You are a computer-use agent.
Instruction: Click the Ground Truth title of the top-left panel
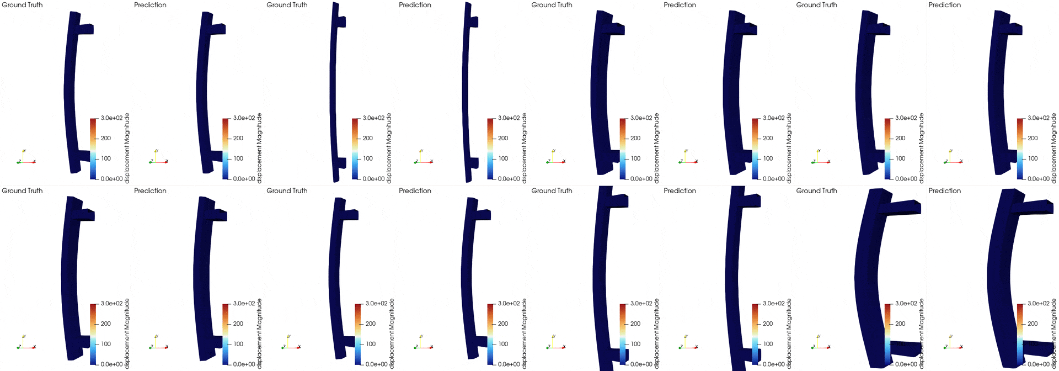point(22,5)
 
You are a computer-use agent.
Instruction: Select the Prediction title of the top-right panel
point(944,5)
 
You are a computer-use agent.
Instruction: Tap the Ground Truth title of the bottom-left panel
point(22,191)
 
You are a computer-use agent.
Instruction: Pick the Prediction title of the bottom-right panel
point(944,191)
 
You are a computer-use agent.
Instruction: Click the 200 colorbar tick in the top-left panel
point(106,139)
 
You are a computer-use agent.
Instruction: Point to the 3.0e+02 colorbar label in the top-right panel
point(1038,118)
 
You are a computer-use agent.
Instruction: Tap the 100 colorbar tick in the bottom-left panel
point(106,344)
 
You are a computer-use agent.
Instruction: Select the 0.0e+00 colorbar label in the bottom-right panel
point(1038,364)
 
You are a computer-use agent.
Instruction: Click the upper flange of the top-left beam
point(86,29)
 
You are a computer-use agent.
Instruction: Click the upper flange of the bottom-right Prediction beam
point(1037,207)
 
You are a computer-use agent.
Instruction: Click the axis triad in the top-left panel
point(25,159)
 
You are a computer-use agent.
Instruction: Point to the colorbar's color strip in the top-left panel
point(93,149)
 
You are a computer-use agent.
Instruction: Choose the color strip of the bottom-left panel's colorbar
point(93,334)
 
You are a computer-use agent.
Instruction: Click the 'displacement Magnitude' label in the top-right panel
point(1053,148)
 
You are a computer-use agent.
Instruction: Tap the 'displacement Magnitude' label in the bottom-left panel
point(127,333)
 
